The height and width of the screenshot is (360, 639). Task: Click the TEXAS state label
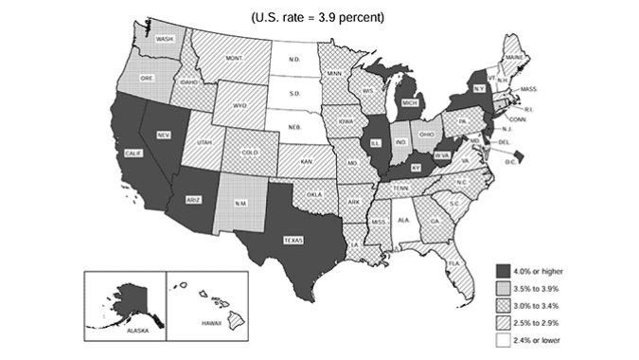coord(293,241)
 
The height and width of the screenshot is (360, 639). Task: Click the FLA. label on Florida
coord(453,262)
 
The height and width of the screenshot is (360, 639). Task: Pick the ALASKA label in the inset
coord(125,333)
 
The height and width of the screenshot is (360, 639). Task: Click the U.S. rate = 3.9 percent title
coord(319,17)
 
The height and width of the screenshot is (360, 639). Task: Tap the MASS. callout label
coord(530,89)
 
